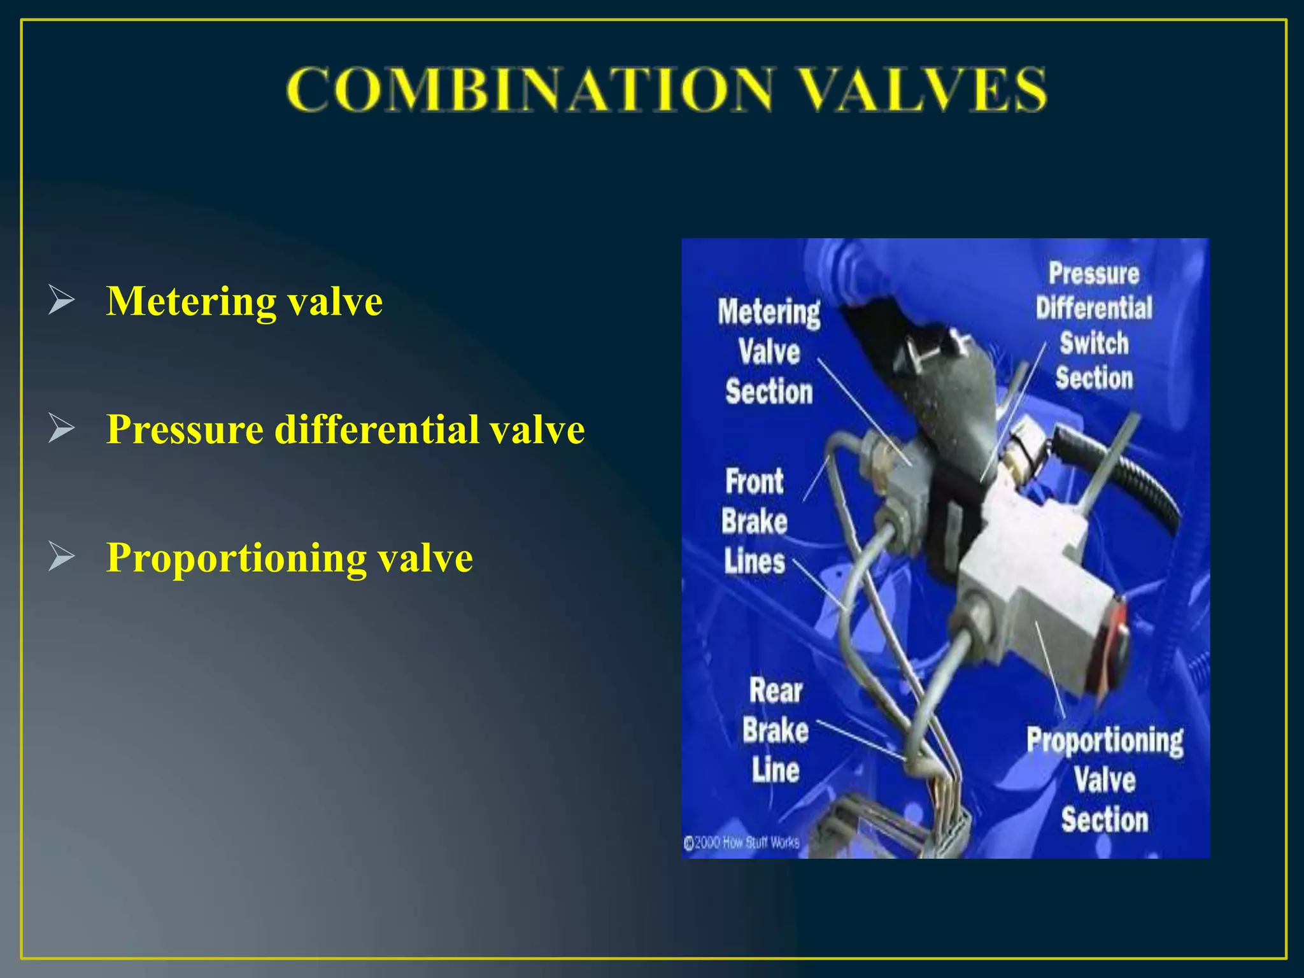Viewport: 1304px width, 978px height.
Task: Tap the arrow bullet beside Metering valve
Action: click(61, 301)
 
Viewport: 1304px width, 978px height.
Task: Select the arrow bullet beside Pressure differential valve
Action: click(61, 429)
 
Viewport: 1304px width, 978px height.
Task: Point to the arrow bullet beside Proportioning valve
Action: click(61, 557)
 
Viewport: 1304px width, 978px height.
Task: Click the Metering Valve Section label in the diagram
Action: click(769, 351)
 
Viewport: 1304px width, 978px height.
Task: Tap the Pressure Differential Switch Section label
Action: click(1094, 326)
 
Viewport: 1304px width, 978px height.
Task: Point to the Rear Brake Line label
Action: click(775, 730)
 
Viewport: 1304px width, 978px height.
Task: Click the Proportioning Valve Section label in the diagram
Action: click(1105, 780)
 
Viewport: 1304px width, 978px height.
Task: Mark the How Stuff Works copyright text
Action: click(742, 843)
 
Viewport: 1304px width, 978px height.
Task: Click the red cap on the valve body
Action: click(1116, 643)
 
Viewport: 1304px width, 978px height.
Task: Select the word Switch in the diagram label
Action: click(1094, 343)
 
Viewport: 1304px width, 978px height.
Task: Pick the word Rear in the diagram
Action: click(776, 691)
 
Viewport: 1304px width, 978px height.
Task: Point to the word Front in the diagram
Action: click(755, 481)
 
